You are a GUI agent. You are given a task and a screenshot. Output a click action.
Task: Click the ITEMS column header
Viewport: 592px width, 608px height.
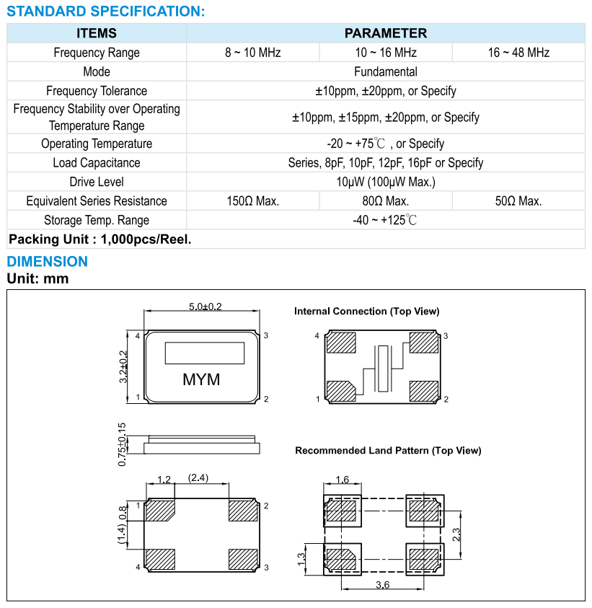97,33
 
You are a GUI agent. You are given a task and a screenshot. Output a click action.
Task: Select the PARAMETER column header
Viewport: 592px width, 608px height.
385,33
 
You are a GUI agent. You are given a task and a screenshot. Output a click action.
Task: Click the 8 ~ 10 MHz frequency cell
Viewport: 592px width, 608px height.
252,53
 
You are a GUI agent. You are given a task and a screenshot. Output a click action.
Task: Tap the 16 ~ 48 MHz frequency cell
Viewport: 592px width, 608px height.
518,53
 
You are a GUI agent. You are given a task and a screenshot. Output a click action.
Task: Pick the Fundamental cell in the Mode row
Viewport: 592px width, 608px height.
385,71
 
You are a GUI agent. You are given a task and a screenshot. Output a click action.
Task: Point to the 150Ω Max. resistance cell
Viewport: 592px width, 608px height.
252,201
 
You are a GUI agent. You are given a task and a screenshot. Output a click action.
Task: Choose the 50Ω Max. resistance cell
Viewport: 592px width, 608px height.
518,201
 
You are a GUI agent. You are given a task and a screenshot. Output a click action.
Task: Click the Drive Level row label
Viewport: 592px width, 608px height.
97,182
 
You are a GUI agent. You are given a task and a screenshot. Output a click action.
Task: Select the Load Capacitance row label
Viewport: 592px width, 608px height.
97,163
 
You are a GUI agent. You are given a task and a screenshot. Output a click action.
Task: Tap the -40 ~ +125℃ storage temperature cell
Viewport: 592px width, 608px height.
385,220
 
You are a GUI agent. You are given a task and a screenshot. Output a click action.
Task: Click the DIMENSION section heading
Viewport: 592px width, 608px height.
48,262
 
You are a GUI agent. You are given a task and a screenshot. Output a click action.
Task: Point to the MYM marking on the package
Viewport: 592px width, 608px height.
201,379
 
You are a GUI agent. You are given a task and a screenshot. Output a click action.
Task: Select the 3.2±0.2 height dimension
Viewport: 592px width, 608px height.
123,367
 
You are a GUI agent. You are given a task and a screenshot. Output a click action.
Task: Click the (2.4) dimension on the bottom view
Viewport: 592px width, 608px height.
198,477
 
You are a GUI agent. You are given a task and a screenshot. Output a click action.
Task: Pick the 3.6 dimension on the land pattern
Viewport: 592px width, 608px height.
382,585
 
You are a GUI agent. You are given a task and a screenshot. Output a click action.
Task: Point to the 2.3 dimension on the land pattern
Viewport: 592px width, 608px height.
456,534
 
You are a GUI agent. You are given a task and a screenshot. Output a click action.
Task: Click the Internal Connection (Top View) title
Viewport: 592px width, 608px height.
366,312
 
